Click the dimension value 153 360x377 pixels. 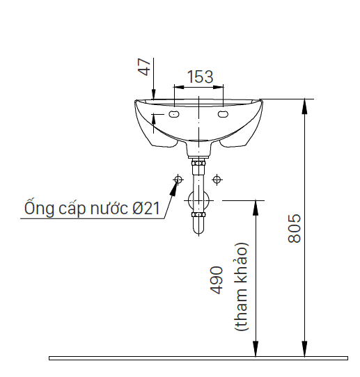click(201, 77)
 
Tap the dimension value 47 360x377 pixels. click(144, 67)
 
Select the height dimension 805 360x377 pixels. click(295, 228)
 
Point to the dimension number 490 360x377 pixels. click(217, 280)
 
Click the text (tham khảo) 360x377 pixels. click(241, 287)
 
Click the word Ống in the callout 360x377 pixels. click(39, 207)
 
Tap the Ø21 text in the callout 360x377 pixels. click(146, 208)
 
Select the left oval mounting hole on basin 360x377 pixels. click(174, 114)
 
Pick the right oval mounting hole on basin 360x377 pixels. click(223, 113)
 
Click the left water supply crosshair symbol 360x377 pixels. click(178, 179)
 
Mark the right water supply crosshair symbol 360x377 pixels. click(217, 179)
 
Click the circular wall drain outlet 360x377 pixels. click(198, 200)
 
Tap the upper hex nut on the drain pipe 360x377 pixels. click(198, 163)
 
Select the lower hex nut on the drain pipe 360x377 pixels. click(198, 215)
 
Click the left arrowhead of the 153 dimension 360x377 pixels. click(179, 87)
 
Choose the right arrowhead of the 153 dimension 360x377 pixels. click(219, 87)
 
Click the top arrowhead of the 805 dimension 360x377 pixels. click(304, 106)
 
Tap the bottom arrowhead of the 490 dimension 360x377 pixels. click(256, 349)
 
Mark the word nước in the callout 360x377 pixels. click(109, 208)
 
